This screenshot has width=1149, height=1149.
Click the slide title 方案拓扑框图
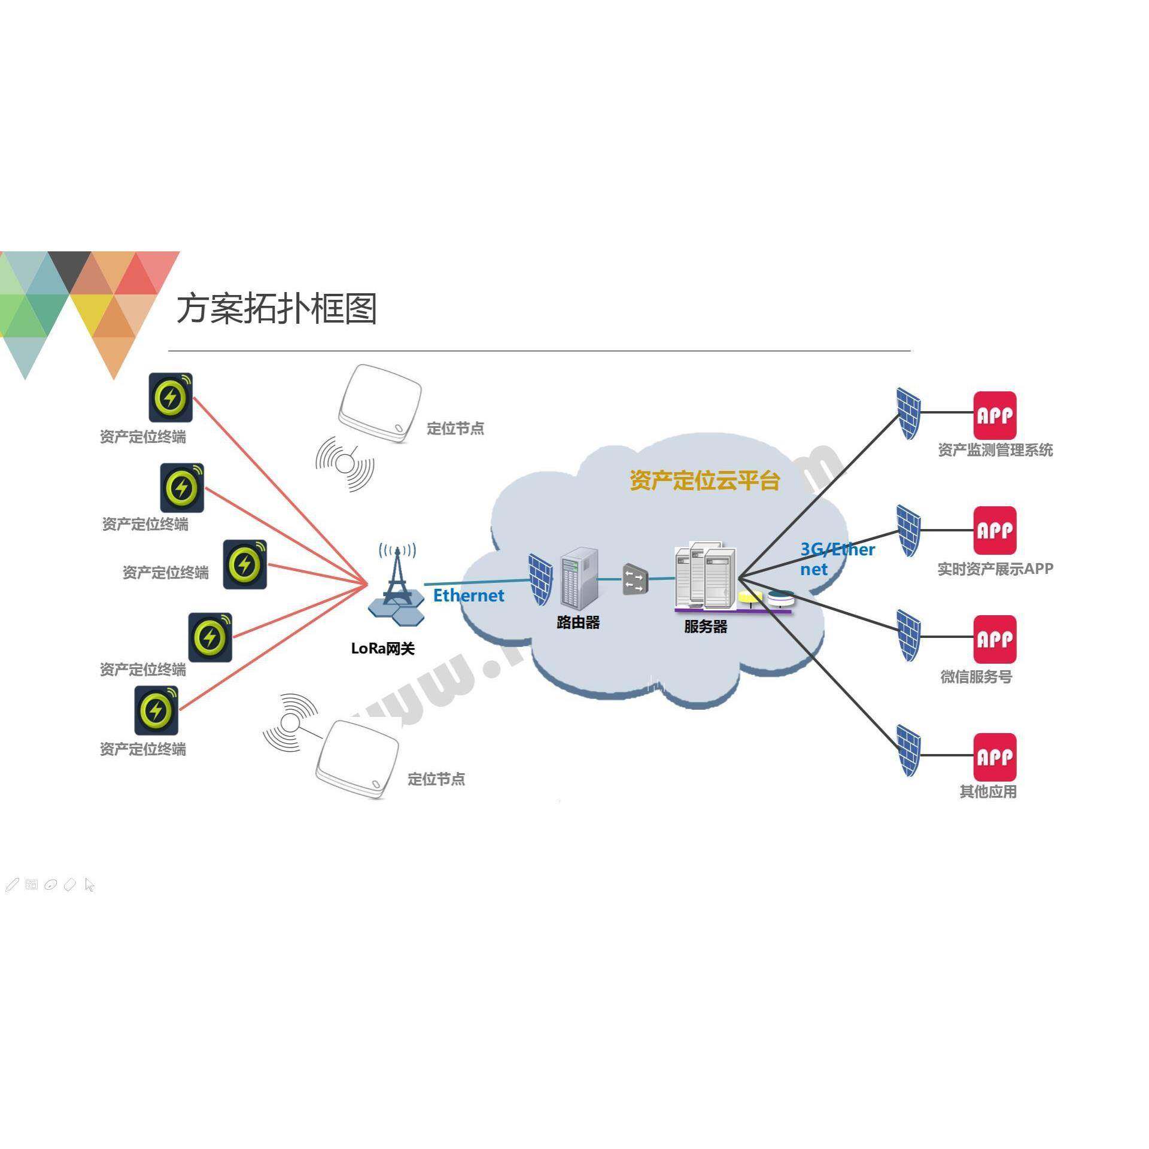point(276,309)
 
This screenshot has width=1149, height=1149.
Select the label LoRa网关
point(382,649)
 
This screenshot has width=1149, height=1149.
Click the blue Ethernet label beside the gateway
point(469,595)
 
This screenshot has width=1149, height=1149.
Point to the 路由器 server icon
point(578,577)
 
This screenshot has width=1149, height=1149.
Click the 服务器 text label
point(706,627)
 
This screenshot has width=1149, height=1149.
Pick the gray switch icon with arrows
point(635,579)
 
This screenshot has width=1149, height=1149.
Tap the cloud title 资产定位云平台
point(704,481)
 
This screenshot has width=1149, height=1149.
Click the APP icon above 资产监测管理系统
point(995,415)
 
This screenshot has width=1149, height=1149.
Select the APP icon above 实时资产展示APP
point(995,530)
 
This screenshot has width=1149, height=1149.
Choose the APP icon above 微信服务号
point(995,639)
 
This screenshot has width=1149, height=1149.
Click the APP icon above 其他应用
point(995,757)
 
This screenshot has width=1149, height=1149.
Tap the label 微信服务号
point(976,677)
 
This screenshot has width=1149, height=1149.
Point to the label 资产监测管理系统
point(995,450)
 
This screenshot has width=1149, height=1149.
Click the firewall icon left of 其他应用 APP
point(908,750)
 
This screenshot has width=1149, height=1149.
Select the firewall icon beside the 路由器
point(540,579)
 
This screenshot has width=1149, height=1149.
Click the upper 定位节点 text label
point(455,428)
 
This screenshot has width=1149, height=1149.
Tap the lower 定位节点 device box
point(357,759)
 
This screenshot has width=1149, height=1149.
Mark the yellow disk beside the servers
point(750,597)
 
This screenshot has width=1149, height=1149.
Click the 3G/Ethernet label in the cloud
point(837,559)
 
